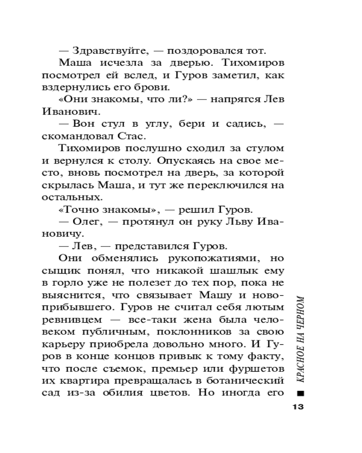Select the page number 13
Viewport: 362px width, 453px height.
297,406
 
